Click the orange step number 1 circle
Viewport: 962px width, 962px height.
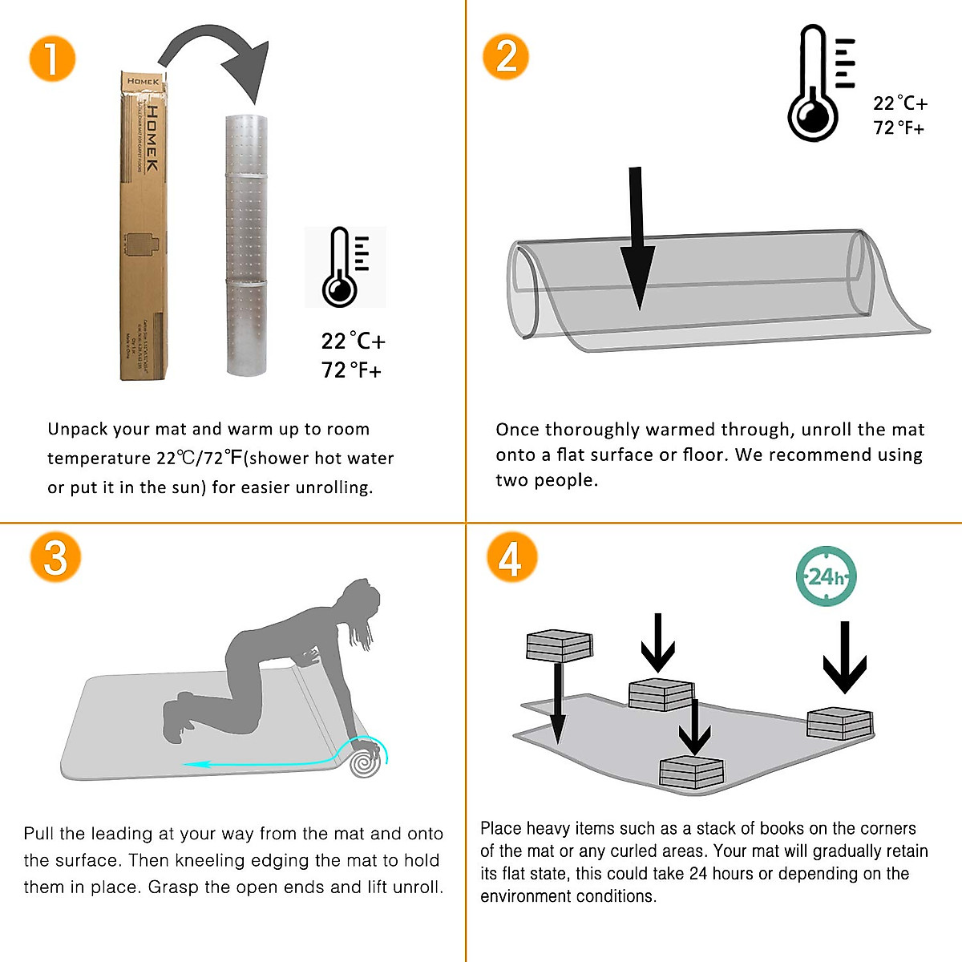click(52, 59)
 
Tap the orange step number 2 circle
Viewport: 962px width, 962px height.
click(506, 57)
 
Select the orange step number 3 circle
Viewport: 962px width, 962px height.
click(55, 556)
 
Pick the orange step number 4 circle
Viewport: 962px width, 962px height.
click(511, 557)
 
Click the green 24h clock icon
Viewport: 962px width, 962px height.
click(826, 576)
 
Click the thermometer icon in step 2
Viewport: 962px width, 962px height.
click(818, 83)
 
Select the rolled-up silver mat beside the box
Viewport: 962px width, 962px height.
click(247, 245)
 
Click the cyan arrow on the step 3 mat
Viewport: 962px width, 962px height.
click(265, 763)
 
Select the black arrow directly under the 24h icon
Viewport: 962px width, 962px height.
click(845, 657)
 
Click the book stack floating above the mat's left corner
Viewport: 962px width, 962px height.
click(559, 645)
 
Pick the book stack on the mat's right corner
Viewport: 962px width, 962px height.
click(839, 723)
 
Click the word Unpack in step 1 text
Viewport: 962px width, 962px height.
click(77, 429)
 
